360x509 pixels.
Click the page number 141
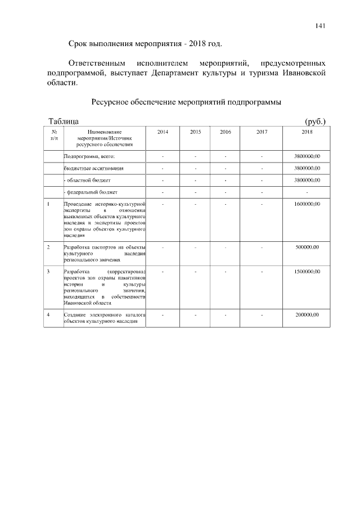coord(321,25)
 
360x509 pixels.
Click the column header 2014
coord(163,132)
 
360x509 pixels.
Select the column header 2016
coord(225,132)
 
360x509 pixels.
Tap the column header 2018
coord(307,132)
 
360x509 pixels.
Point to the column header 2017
coord(262,132)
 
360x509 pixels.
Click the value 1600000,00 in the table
coord(307,204)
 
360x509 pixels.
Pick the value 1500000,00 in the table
coord(307,272)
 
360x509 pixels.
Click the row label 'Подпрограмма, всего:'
coord(89,156)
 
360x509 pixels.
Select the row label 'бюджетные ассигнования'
coord(93,168)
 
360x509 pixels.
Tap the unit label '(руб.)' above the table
coord(315,121)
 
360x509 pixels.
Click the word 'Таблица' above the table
coord(64,121)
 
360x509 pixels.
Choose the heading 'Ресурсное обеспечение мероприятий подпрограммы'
coord(186,102)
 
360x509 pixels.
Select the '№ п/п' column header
coord(53,134)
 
